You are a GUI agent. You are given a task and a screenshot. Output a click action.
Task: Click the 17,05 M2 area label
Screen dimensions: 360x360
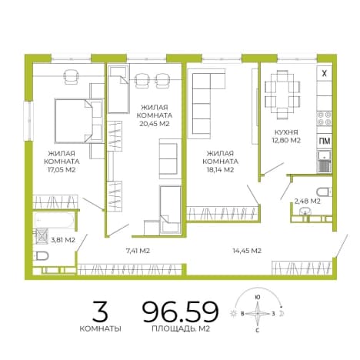[62, 170]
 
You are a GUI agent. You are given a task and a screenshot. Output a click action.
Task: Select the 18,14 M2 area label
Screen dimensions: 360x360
[220, 170]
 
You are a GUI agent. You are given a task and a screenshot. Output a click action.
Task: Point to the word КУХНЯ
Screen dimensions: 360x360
[286, 132]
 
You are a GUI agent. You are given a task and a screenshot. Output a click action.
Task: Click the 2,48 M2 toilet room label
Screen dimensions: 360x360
[308, 202]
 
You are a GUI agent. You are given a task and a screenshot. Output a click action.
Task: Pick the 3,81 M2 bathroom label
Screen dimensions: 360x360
[63, 240]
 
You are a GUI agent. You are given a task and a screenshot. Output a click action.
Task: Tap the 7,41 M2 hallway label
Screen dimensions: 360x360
[138, 251]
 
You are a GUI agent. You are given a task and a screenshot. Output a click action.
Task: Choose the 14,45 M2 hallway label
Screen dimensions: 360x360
[247, 251]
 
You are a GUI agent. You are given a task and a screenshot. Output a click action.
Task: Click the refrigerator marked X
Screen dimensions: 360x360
[325, 74]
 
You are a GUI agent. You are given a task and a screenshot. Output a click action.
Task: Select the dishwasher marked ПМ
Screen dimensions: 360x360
[325, 141]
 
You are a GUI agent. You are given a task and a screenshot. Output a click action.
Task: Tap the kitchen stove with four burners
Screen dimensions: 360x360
[325, 118]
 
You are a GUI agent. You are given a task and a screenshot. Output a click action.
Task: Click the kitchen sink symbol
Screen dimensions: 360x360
[325, 162]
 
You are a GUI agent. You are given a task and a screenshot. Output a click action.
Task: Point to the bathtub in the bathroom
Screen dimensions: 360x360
[54, 220]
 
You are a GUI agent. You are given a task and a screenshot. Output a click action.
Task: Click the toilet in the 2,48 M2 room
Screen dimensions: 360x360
[324, 192]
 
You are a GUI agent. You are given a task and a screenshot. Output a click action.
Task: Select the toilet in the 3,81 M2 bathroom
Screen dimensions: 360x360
[42, 255]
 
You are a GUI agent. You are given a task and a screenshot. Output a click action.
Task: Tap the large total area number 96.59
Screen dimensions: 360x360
[181, 312]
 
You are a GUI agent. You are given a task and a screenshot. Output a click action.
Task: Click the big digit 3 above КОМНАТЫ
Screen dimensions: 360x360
[100, 312]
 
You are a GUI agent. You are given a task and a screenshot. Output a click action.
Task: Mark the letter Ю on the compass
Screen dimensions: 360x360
[258, 298]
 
